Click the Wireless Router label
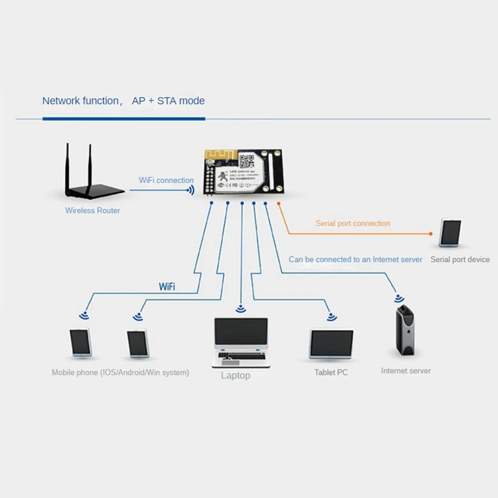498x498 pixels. point(93,210)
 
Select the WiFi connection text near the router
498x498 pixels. point(166,180)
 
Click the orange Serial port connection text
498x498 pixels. point(353,223)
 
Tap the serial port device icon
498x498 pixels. point(451,233)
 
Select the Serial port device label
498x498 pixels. point(460,259)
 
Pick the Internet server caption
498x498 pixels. point(406,370)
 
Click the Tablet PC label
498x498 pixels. point(331,372)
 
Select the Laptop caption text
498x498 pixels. point(235,375)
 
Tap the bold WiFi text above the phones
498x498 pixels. point(167,287)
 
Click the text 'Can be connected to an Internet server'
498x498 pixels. point(355,259)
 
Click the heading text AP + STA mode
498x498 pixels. point(168,100)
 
